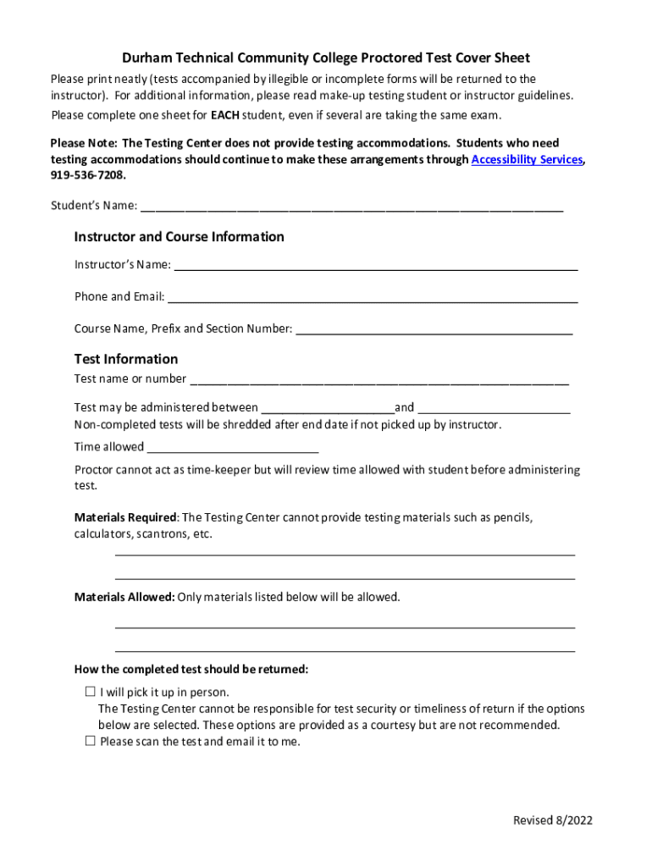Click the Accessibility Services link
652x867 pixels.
(526, 159)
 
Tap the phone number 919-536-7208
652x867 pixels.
(87, 175)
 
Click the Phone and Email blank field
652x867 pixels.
(373, 298)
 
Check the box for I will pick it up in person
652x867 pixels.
(91, 692)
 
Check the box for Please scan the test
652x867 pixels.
(91, 741)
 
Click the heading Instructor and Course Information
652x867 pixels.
(179, 237)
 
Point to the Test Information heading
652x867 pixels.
(126, 359)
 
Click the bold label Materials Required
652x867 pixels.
(125, 517)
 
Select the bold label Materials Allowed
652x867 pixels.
(124, 598)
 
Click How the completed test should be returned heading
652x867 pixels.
(191, 670)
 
